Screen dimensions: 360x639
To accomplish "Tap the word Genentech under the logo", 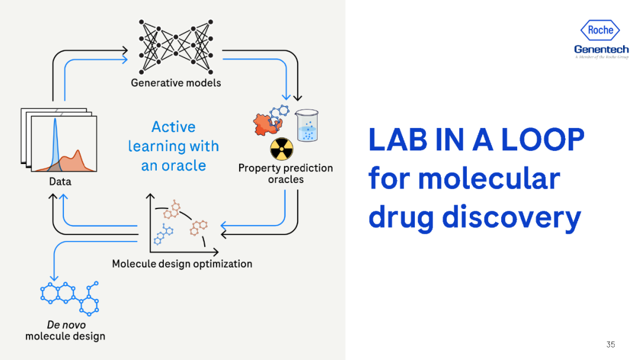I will point(601,49).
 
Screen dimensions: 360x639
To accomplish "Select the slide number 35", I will point(611,345).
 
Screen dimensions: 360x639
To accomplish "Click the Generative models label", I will point(176,82).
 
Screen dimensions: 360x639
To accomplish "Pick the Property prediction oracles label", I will point(285,173).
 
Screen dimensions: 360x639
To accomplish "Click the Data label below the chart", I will point(60,181).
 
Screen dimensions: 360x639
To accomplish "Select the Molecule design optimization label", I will point(182,263).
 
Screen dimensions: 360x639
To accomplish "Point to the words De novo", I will point(66,324).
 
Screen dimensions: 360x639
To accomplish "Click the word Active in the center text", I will point(173,127).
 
